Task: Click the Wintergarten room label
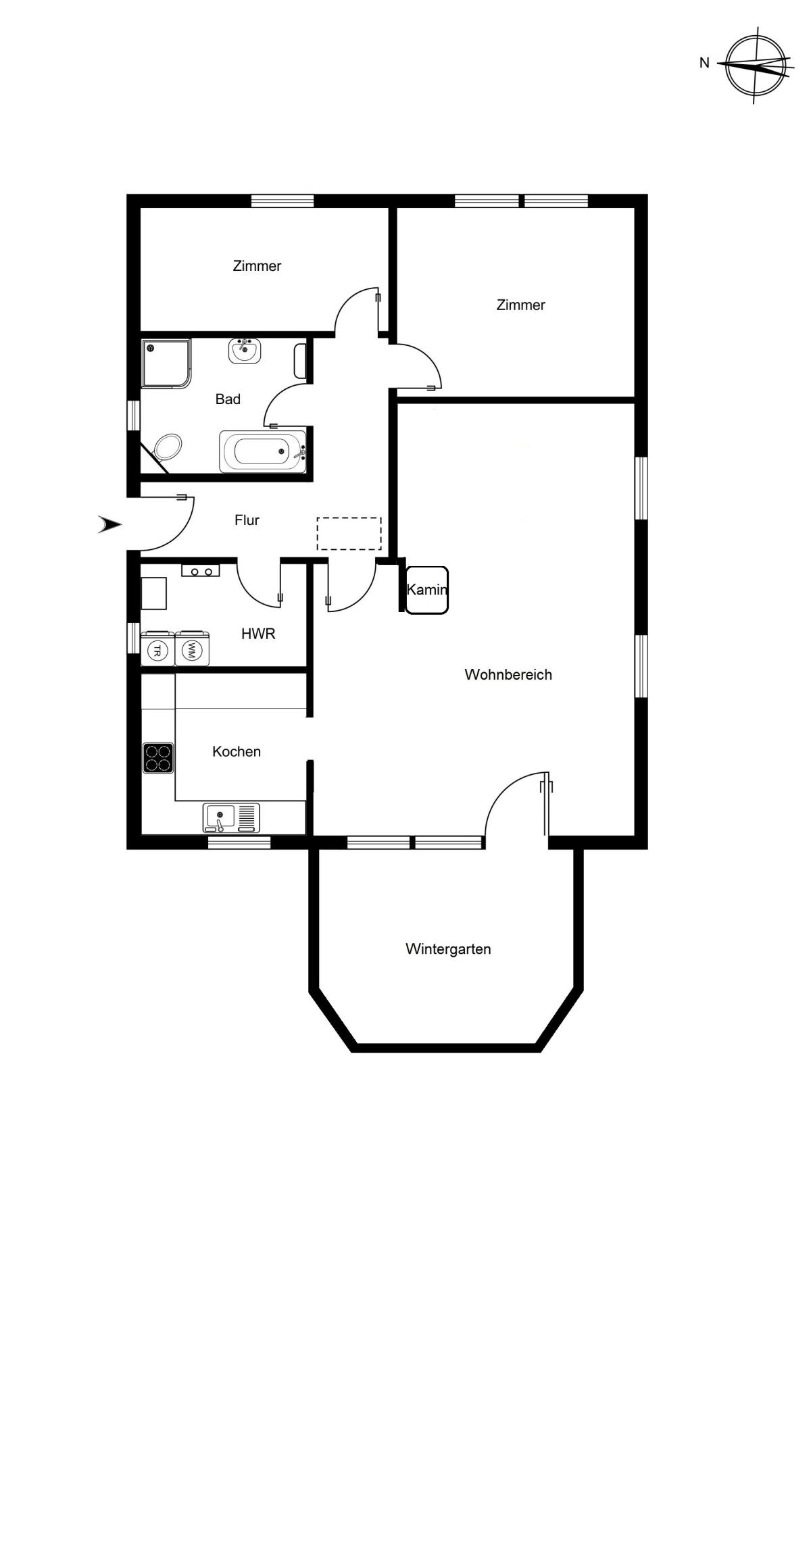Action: [x=448, y=949]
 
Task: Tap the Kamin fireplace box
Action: [x=426, y=590]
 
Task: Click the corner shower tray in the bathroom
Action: [x=166, y=363]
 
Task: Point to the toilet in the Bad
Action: [x=168, y=447]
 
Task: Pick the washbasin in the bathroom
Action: [x=244, y=351]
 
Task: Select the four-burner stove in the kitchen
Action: [x=158, y=758]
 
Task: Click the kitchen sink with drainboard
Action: [x=231, y=817]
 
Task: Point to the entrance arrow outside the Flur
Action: [x=110, y=524]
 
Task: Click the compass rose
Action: [x=756, y=66]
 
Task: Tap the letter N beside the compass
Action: [x=704, y=63]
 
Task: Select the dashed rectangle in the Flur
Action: [x=349, y=534]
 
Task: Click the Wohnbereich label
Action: [x=508, y=674]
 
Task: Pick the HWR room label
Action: [x=258, y=634]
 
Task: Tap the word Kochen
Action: [x=237, y=751]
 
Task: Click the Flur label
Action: [x=247, y=520]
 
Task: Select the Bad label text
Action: [x=228, y=399]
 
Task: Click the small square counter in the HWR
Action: [x=153, y=593]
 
